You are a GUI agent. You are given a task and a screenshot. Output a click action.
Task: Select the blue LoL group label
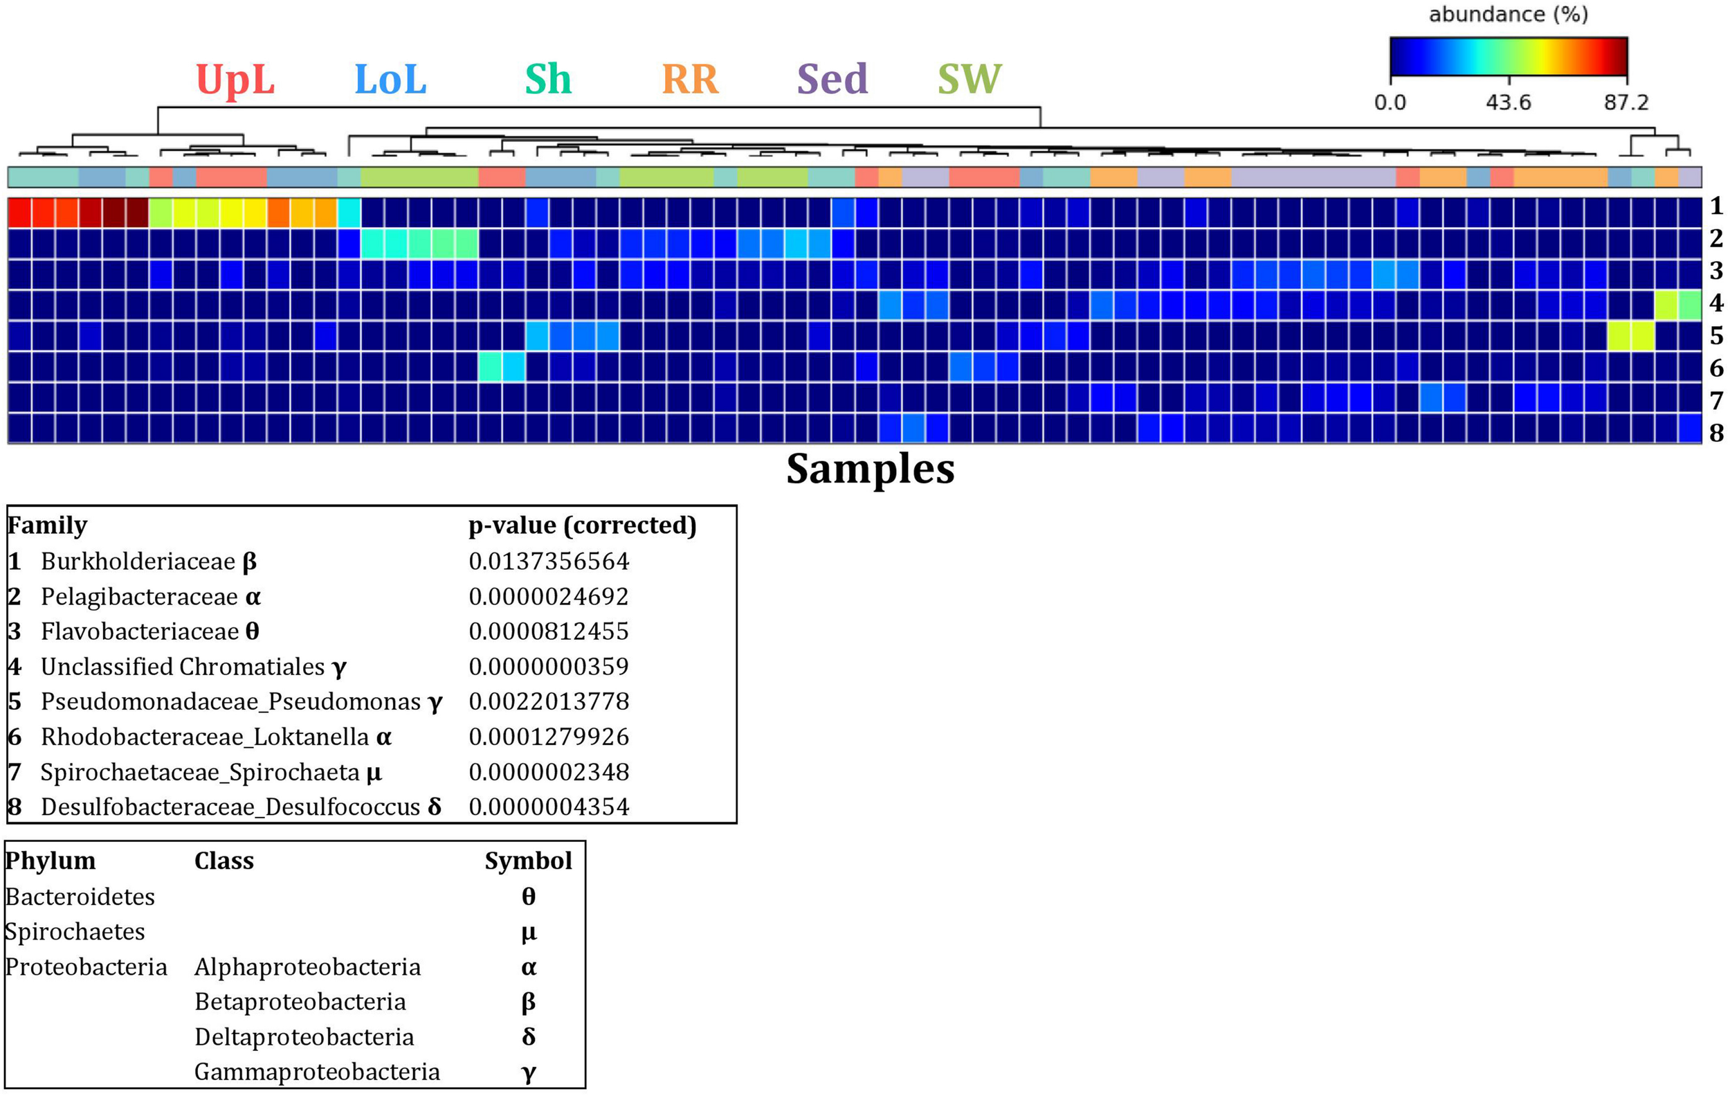pyautogui.click(x=390, y=79)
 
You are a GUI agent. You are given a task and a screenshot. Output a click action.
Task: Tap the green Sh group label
pyautogui.click(x=547, y=79)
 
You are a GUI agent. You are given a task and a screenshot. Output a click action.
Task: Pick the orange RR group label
pyautogui.click(x=690, y=79)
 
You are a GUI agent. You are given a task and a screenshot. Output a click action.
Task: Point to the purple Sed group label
pyautogui.click(x=832, y=79)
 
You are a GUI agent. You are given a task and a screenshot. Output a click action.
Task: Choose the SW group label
pyautogui.click(x=969, y=79)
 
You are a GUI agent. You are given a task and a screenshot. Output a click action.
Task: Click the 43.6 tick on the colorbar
pyautogui.click(x=1508, y=102)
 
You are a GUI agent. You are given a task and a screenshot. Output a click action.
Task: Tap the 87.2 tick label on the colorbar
pyautogui.click(x=1626, y=102)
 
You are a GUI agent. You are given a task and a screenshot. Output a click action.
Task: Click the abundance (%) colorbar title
pyautogui.click(x=1508, y=15)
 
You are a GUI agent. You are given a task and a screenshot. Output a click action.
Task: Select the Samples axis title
pyautogui.click(x=870, y=469)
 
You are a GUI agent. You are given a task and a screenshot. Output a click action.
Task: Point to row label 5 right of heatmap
pyautogui.click(x=1716, y=336)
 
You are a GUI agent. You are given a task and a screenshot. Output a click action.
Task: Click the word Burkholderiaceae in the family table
pyautogui.click(x=138, y=562)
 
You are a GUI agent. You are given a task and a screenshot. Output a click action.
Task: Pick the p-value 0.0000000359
pyautogui.click(x=549, y=666)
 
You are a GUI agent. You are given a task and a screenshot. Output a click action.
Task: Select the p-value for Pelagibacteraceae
pyautogui.click(x=549, y=597)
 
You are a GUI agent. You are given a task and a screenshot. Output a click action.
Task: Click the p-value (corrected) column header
pyautogui.click(x=582, y=525)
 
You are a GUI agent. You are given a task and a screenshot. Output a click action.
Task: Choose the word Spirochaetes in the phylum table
pyautogui.click(x=75, y=932)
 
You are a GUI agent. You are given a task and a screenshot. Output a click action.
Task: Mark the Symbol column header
pyautogui.click(x=528, y=861)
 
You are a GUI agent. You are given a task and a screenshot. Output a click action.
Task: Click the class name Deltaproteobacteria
pyautogui.click(x=304, y=1037)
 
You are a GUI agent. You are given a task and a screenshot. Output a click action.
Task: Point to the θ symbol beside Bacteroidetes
pyautogui.click(x=528, y=897)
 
